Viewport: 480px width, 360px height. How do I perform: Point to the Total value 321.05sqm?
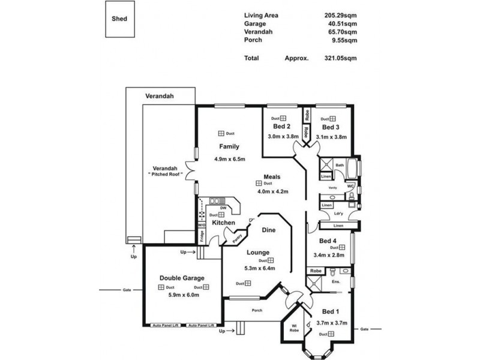click(x=341, y=58)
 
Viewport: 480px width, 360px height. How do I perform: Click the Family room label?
click(x=229, y=146)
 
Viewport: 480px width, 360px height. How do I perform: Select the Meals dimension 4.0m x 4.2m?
click(x=273, y=192)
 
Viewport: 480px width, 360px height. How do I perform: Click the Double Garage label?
click(x=182, y=278)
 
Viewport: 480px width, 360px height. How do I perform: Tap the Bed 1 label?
click(x=330, y=312)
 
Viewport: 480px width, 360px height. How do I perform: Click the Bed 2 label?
click(x=281, y=127)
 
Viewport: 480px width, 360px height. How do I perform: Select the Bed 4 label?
click(x=328, y=241)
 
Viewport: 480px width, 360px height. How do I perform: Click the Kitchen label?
click(x=223, y=223)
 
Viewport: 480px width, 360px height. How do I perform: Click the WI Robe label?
click(x=293, y=329)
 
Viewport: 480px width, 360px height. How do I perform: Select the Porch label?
click(x=256, y=310)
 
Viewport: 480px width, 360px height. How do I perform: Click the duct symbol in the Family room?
click(x=221, y=133)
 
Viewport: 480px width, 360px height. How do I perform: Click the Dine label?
click(x=269, y=229)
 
